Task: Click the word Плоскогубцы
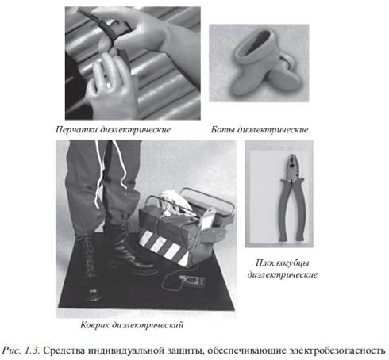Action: (x=283, y=263)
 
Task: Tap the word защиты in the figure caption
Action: (x=186, y=350)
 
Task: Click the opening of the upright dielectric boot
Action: (x=256, y=42)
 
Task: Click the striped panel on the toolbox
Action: (x=164, y=247)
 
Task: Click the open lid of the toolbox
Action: (x=208, y=205)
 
